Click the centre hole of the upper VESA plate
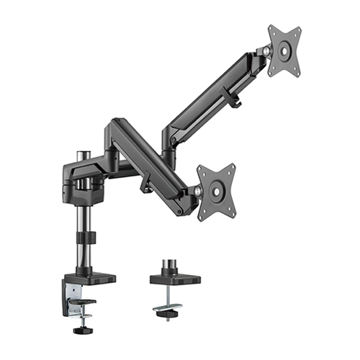click(x=285, y=50)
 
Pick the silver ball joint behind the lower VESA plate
click(x=197, y=191)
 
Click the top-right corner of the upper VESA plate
click(x=300, y=27)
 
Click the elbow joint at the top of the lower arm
click(x=117, y=130)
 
